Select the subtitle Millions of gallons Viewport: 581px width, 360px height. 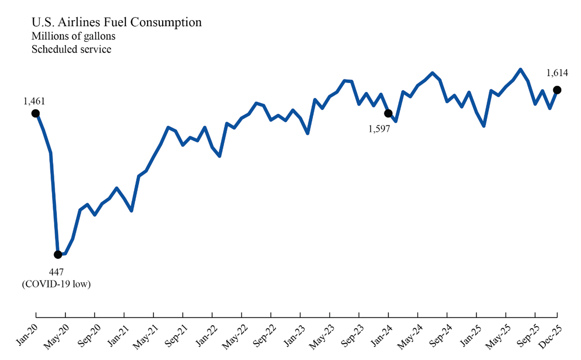click(73, 36)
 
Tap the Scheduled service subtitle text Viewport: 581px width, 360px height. click(71, 49)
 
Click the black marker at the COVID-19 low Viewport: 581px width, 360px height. click(58, 254)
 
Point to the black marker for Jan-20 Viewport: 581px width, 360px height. click(36, 113)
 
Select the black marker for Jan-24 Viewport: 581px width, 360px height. click(388, 113)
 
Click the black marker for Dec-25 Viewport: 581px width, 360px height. click(557, 90)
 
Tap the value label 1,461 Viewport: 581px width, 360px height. click(35, 101)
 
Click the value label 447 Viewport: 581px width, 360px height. click(56, 272)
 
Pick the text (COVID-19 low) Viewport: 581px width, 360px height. click(56, 285)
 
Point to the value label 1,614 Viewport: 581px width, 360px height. click(557, 73)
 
